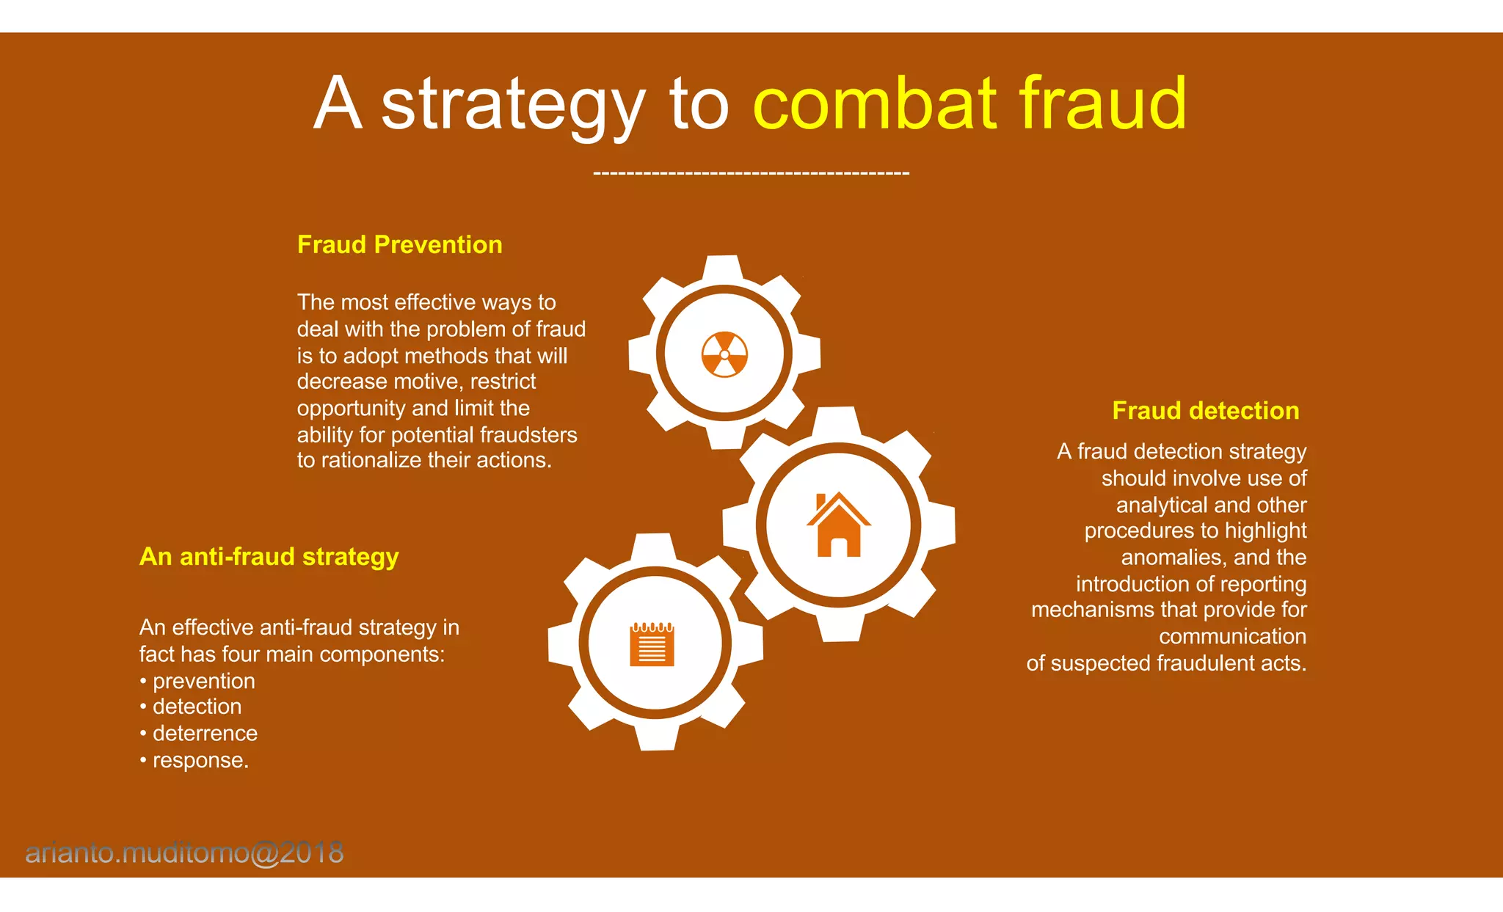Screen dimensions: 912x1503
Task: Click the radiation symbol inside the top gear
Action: click(724, 354)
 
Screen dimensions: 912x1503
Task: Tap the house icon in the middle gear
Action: click(838, 525)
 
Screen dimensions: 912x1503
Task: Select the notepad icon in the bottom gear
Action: click(652, 644)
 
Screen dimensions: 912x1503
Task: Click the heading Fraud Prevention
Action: click(399, 244)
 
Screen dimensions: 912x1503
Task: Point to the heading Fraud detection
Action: click(1205, 410)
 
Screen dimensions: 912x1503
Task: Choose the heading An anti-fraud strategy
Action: click(269, 556)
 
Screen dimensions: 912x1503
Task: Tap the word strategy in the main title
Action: click(513, 105)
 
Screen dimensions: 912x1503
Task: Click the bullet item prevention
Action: click(203, 681)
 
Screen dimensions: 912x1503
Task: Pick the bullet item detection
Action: click(197, 707)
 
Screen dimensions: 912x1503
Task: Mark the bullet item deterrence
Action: click(205, 733)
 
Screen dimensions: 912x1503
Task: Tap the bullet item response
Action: click(200, 760)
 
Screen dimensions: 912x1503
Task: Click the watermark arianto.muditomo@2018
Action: click(184, 853)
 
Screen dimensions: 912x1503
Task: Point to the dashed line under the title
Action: click(751, 174)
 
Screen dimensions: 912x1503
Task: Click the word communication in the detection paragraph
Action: click(1232, 636)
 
